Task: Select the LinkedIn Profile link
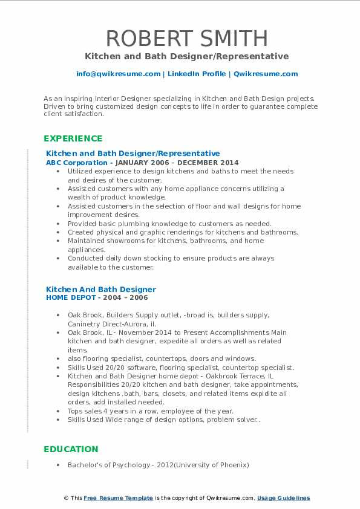click(x=189, y=74)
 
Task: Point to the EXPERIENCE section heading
click(x=73, y=138)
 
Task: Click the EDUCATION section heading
click(x=71, y=449)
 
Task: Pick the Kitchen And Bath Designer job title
click(x=101, y=289)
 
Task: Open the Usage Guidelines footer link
click(x=283, y=498)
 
